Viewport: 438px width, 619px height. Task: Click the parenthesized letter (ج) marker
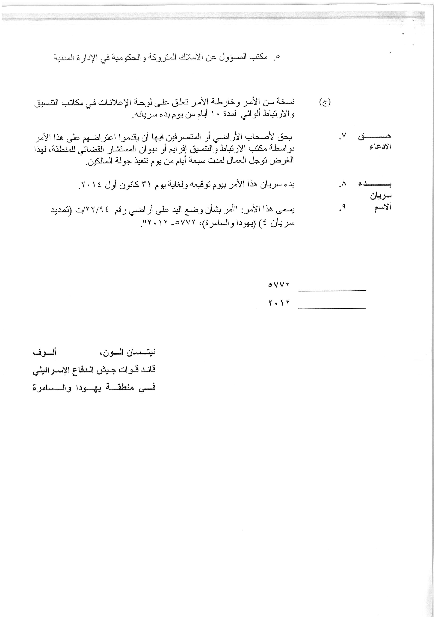325,102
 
